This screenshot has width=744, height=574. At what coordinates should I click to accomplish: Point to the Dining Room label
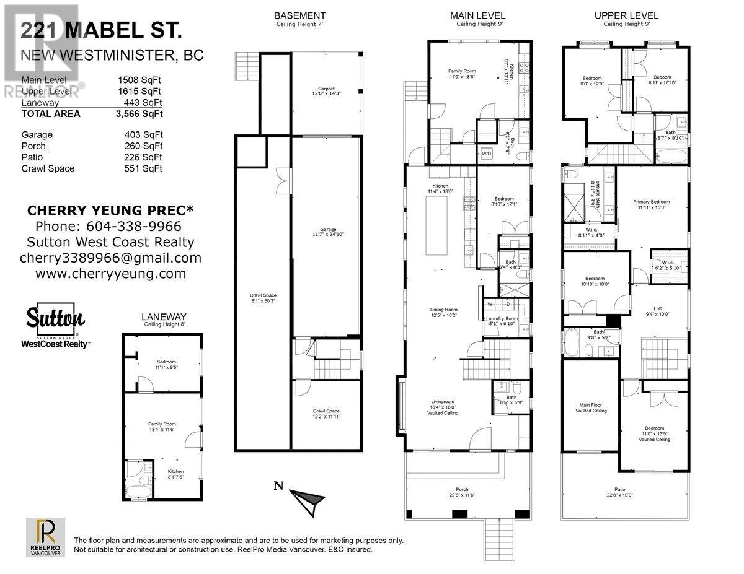444,312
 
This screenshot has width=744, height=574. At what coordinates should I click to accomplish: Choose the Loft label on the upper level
658,311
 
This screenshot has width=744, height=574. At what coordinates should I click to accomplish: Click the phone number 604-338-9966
108,226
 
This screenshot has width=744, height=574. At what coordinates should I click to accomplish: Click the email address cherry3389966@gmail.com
110,258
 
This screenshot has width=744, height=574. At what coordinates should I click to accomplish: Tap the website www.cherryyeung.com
110,273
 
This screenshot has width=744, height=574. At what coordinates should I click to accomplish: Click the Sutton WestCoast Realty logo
56,325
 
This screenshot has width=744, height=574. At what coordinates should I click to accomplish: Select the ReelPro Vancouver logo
45,536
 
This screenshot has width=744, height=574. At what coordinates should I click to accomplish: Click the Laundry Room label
503,321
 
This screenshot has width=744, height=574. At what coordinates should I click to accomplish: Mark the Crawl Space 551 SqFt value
143,168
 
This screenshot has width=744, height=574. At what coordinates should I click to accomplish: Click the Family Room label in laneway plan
162,426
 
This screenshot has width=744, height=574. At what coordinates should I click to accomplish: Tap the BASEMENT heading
300,15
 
